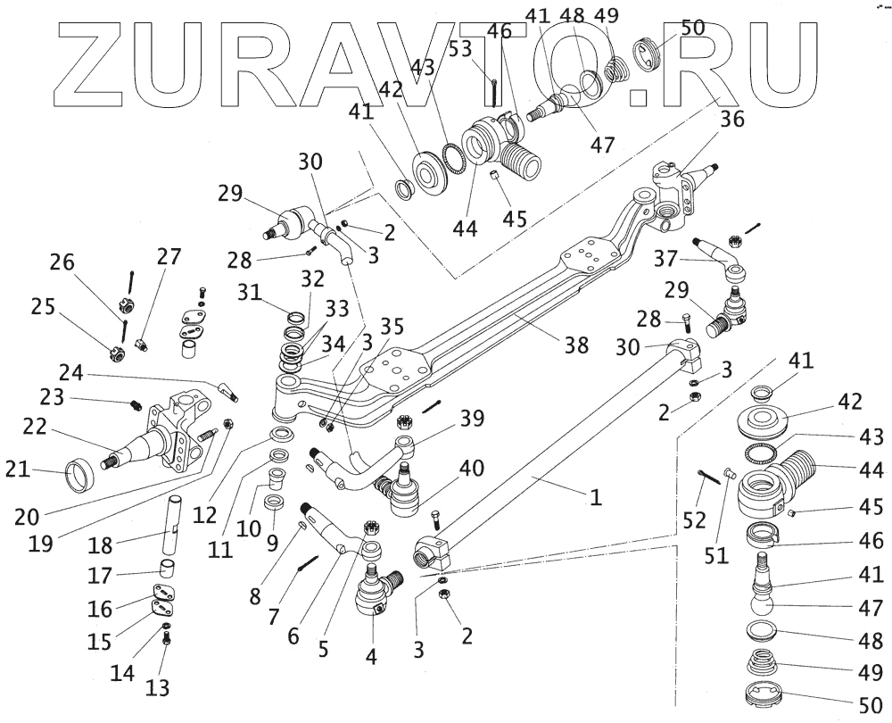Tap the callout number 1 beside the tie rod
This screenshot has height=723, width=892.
pos(593,496)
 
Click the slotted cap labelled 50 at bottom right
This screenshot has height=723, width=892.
pos(764,699)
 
